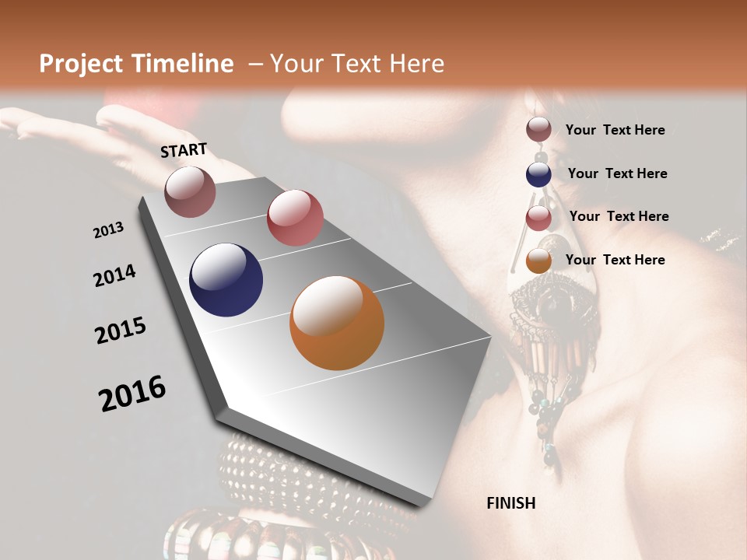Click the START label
pyautogui.click(x=184, y=150)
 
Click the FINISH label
pyautogui.click(x=510, y=503)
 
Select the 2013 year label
pyautogui.click(x=108, y=230)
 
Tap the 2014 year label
pyautogui.click(x=114, y=276)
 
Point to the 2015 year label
pyautogui.click(x=121, y=331)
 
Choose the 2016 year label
pyautogui.click(x=132, y=394)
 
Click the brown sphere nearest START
pyautogui.click(x=190, y=191)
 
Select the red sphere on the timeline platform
pyautogui.click(x=295, y=218)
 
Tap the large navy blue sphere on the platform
pyautogui.click(x=226, y=280)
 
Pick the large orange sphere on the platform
pyautogui.click(x=337, y=323)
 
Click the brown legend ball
pyautogui.click(x=538, y=130)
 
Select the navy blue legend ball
pyautogui.click(x=538, y=174)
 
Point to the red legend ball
pyautogui.click(x=538, y=218)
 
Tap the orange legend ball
pyautogui.click(x=538, y=261)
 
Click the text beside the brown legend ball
pyautogui.click(x=615, y=130)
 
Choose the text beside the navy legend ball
pyautogui.click(x=617, y=173)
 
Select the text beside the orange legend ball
pyautogui.click(x=615, y=260)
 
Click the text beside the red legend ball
pyautogui.click(x=619, y=216)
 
